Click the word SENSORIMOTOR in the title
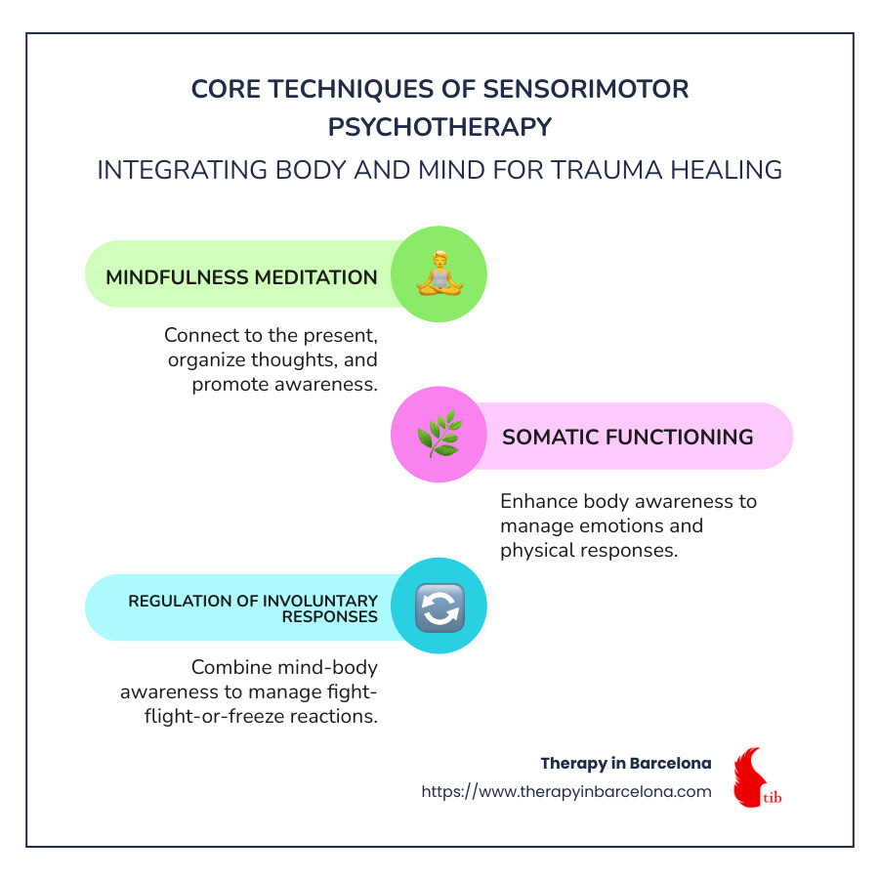click(586, 89)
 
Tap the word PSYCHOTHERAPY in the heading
click(440, 127)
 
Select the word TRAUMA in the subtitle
click(607, 170)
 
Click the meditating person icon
click(440, 273)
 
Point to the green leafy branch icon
click(440, 434)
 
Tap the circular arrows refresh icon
click(440, 607)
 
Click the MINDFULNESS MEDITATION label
click(241, 277)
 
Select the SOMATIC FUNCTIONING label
click(628, 437)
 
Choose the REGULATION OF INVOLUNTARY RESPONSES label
click(253, 608)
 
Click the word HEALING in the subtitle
click(727, 170)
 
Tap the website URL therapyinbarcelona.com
click(566, 791)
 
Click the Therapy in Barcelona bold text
click(626, 763)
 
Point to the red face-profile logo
click(749, 777)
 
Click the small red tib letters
click(773, 797)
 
